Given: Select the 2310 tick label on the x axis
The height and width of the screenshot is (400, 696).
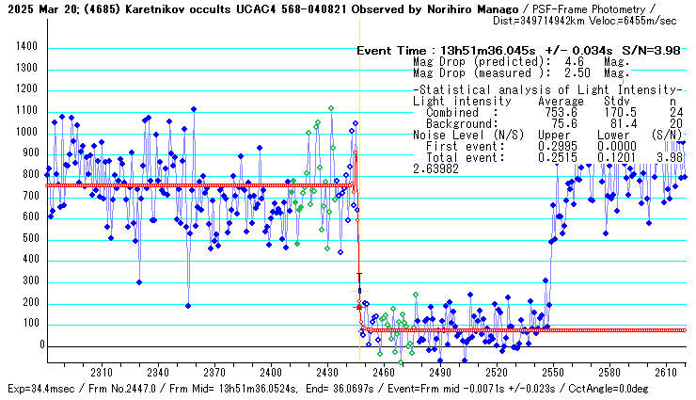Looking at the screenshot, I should [x=101, y=372].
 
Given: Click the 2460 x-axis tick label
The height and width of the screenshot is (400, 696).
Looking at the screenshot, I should [x=383, y=372].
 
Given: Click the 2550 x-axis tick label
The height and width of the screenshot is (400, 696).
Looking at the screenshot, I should [x=552, y=372].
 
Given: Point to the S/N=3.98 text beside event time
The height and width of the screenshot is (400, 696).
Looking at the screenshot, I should [x=652, y=51].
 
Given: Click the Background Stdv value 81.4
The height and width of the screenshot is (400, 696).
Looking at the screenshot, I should [x=615, y=123].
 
